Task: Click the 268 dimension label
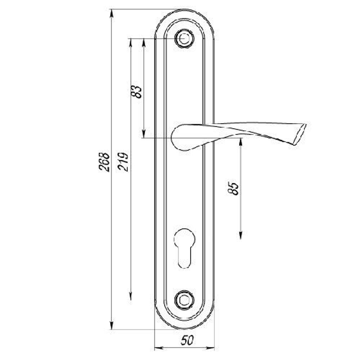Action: [104, 162]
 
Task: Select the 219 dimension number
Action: [123, 162]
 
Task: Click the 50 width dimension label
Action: [187, 340]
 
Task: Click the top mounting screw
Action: [184, 39]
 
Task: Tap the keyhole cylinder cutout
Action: [185, 248]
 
